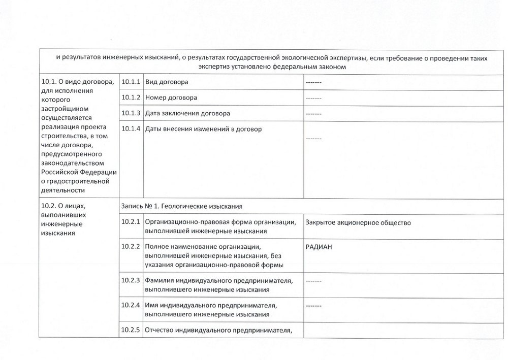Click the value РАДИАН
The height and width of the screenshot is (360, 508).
point(321,247)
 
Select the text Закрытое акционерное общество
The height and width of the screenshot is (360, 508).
point(358,222)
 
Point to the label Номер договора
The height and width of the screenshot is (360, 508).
point(171,97)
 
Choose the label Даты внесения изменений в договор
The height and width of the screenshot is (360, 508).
point(203,129)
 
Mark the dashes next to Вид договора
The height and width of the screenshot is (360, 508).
point(314,82)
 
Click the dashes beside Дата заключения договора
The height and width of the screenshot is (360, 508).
point(314,114)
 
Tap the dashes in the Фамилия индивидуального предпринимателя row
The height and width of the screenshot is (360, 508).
point(314,281)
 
